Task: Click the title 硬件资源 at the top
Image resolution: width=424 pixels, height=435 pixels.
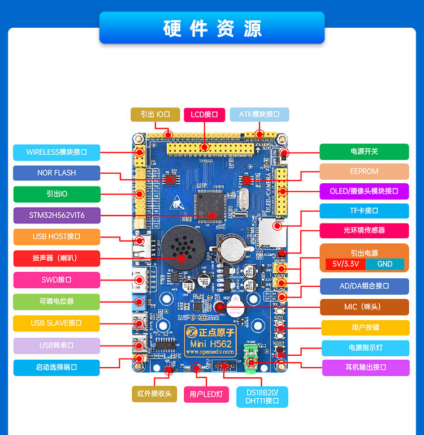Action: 212,28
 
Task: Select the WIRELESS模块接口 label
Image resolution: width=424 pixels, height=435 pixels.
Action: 57,152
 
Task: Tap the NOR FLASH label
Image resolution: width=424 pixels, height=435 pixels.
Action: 57,173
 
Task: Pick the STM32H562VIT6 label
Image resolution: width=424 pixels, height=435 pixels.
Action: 57,216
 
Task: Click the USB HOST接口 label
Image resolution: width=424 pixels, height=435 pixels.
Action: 57,236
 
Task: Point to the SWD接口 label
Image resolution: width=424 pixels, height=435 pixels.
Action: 57,280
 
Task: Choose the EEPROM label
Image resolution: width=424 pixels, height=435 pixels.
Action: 364,171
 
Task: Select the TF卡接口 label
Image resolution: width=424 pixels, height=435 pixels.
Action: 364,211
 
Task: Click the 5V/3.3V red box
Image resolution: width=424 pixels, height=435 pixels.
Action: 345,264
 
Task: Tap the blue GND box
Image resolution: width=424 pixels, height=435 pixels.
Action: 385,264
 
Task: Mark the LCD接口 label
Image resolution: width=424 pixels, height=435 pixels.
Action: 205,114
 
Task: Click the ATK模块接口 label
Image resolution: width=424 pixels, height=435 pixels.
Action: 259,114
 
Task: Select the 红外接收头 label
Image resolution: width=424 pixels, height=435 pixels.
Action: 154,394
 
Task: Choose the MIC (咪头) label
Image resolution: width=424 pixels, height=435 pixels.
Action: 364,307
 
